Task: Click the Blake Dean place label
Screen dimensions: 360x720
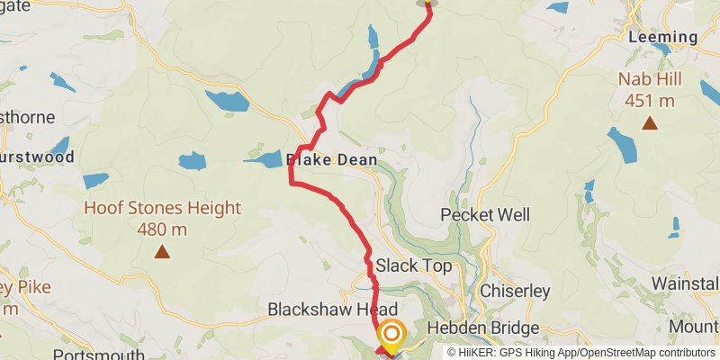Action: [331, 160]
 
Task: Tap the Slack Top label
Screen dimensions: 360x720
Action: [413, 266]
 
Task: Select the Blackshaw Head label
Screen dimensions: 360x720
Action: [332, 309]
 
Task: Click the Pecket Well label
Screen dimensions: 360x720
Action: [485, 215]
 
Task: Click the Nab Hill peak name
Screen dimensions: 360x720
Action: [649, 79]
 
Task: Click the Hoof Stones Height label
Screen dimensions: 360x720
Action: [162, 209]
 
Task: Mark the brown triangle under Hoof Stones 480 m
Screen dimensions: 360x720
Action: [162, 251]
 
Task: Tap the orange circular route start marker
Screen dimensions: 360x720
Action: [391, 336]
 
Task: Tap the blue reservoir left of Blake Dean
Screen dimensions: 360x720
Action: [263, 160]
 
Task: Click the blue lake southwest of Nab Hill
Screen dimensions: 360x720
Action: [621, 144]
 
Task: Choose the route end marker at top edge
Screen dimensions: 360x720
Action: [427, 4]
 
